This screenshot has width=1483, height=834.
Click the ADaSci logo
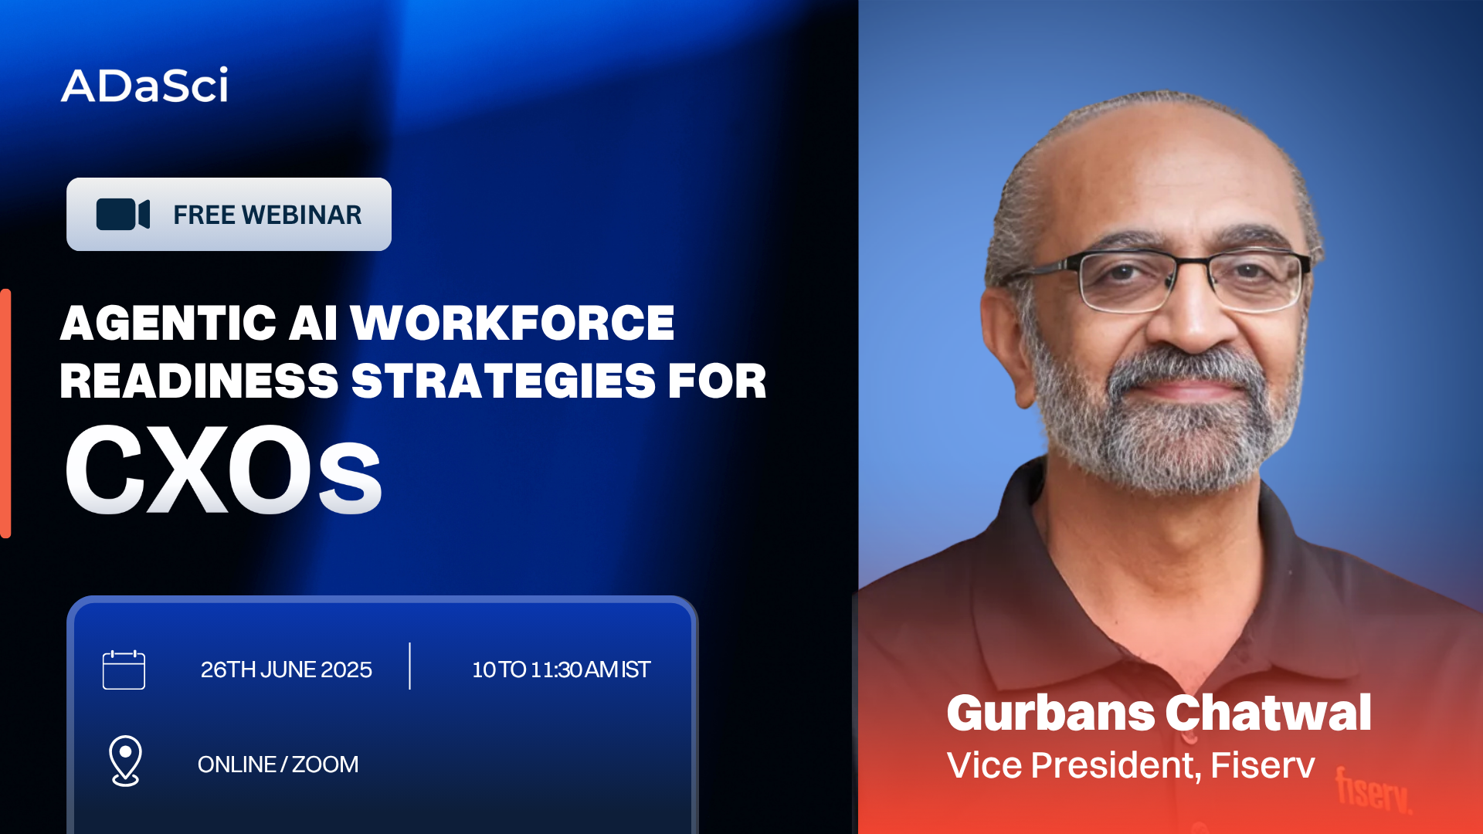[x=144, y=84]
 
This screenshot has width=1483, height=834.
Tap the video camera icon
[x=123, y=215]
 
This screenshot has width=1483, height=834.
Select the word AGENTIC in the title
[x=168, y=323]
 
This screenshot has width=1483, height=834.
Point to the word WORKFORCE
[x=513, y=323]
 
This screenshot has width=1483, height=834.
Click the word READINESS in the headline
[x=199, y=381]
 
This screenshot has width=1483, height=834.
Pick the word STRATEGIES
[x=504, y=381]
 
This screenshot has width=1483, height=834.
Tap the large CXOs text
[x=223, y=470]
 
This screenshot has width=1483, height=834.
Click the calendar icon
[x=124, y=670]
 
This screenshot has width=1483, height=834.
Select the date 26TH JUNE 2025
[x=287, y=670]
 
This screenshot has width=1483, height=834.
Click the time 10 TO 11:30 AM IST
[x=562, y=670]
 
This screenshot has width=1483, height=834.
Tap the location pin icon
[x=125, y=761]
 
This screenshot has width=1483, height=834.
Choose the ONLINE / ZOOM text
[x=278, y=764]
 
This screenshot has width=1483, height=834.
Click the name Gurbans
[x=1050, y=713]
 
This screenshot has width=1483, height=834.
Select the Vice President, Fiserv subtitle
[x=1131, y=765]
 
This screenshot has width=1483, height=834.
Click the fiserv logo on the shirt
[x=1374, y=790]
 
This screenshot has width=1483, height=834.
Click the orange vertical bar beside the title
[x=5, y=413]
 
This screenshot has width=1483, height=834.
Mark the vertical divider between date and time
[x=409, y=666]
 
